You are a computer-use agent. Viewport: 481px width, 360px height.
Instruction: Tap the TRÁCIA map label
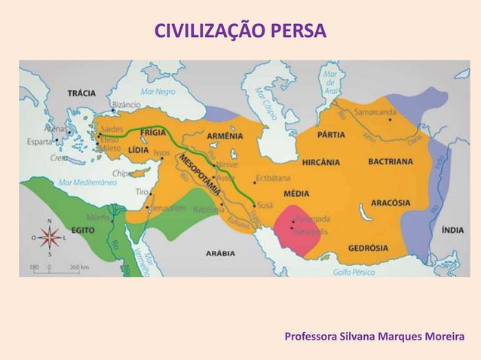81,94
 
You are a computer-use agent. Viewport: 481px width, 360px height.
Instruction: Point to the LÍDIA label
138,149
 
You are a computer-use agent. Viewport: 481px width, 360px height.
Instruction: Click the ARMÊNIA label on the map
225,136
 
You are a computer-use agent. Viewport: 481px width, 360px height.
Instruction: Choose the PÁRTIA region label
332,136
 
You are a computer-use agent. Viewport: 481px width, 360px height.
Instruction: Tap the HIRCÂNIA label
320,161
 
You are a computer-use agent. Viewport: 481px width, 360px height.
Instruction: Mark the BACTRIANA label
391,161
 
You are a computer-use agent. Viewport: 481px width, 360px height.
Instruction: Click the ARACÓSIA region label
391,203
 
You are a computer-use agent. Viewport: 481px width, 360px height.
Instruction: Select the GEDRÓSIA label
367,247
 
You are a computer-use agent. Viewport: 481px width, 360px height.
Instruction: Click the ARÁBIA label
219,254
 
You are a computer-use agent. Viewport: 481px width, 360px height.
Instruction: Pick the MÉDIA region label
296,193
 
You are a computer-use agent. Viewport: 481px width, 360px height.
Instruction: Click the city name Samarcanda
375,112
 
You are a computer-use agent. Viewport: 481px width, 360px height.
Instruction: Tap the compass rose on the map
50,238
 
